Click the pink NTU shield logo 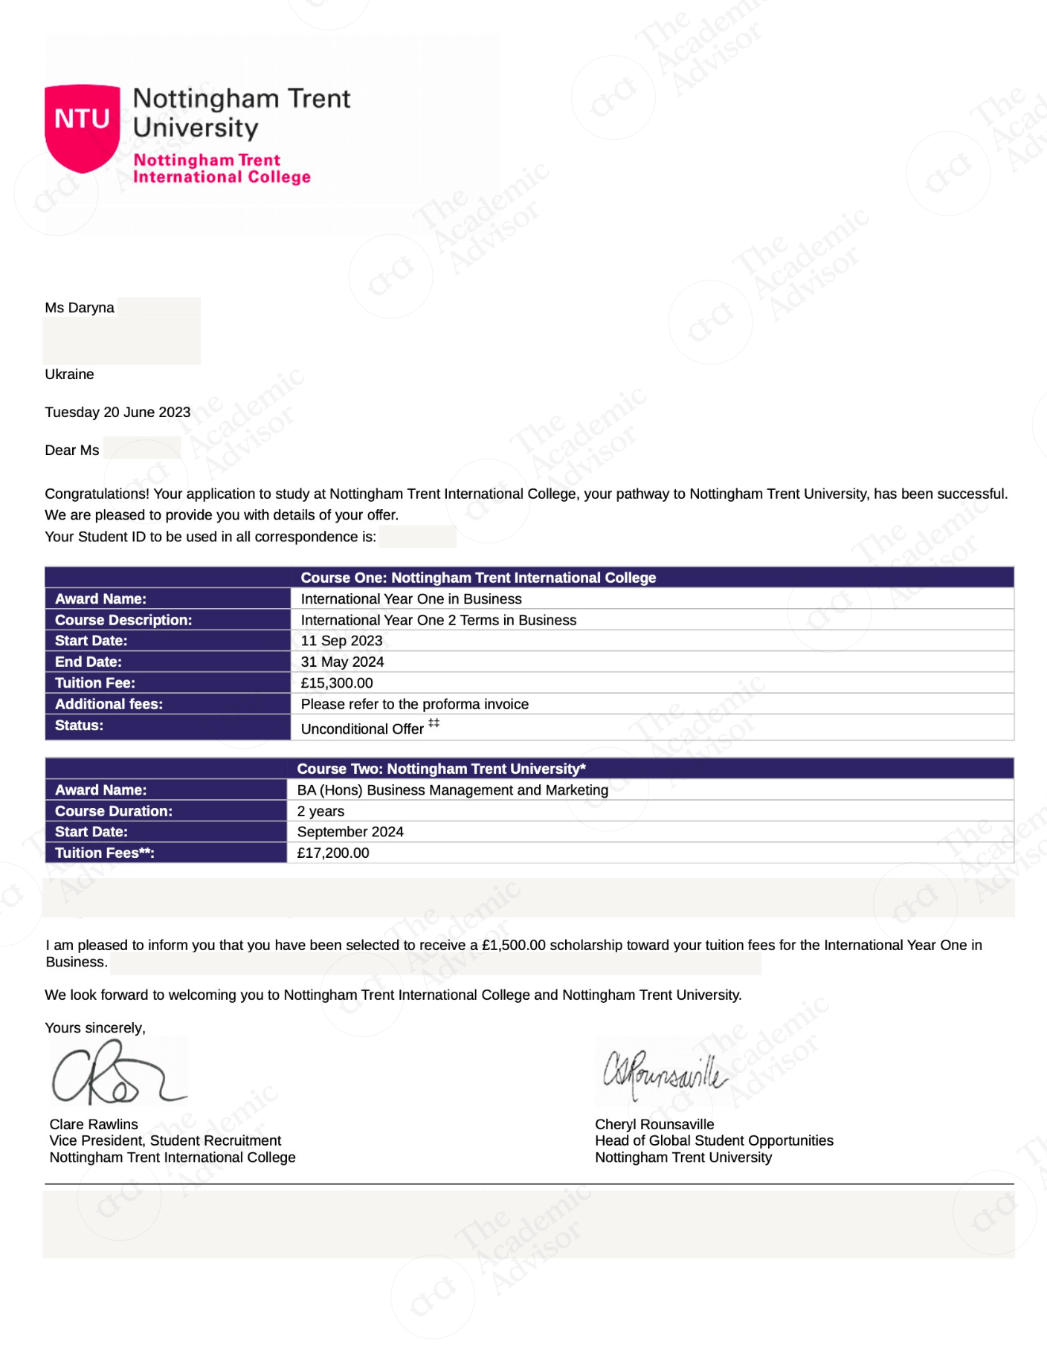83,126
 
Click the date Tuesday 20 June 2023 117,413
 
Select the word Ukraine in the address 69,375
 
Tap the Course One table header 478,578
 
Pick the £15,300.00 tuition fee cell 337,683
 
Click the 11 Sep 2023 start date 341,641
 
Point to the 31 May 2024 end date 342,662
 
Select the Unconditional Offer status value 362,729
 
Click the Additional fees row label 109,704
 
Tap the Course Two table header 441,769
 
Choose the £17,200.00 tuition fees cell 333,853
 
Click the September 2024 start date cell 350,832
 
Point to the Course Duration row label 113,811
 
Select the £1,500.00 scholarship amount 513,946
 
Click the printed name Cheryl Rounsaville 654,1125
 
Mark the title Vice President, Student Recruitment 165,1141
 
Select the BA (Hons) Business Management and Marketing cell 452,790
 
